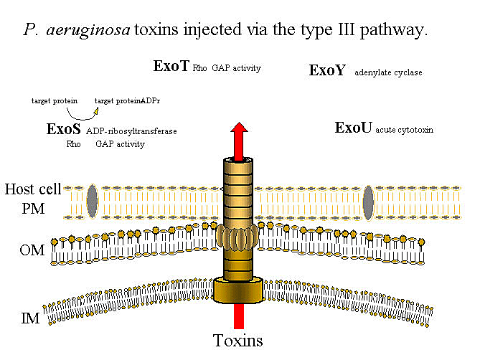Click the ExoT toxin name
click(x=171, y=67)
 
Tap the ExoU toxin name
click(x=353, y=128)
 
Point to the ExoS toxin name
click(x=63, y=130)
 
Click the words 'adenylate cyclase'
click(x=388, y=72)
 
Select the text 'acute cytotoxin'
click(x=404, y=131)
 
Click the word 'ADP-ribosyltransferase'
click(x=131, y=132)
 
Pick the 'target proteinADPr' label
click(x=127, y=101)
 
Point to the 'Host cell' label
click(x=33, y=189)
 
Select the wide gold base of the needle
click(x=239, y=290)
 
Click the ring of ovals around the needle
click(x=239, y=237)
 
